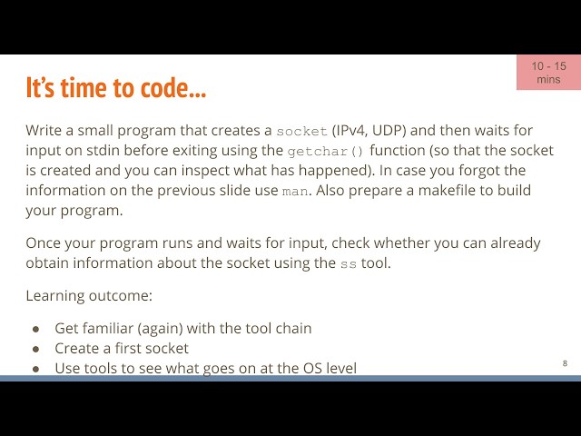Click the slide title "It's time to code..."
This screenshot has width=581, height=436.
tap(115, 89)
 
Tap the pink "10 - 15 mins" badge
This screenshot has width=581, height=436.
tap(548, 73)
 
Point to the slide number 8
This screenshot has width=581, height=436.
tap(565, 363)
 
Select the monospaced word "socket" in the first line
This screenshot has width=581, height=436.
tap(301, 131)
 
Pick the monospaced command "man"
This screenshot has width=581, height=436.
tap(295, 191)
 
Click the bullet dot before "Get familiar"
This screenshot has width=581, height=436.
tap(36, 329)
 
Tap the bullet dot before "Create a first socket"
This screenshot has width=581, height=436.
tap(36, 349)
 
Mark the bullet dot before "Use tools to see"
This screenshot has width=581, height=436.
tap(36, 369)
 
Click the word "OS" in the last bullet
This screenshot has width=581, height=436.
tap(303, 368)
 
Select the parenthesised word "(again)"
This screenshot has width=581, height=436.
tap(162, 328)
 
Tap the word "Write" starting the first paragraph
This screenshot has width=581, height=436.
tap(44, 130)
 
